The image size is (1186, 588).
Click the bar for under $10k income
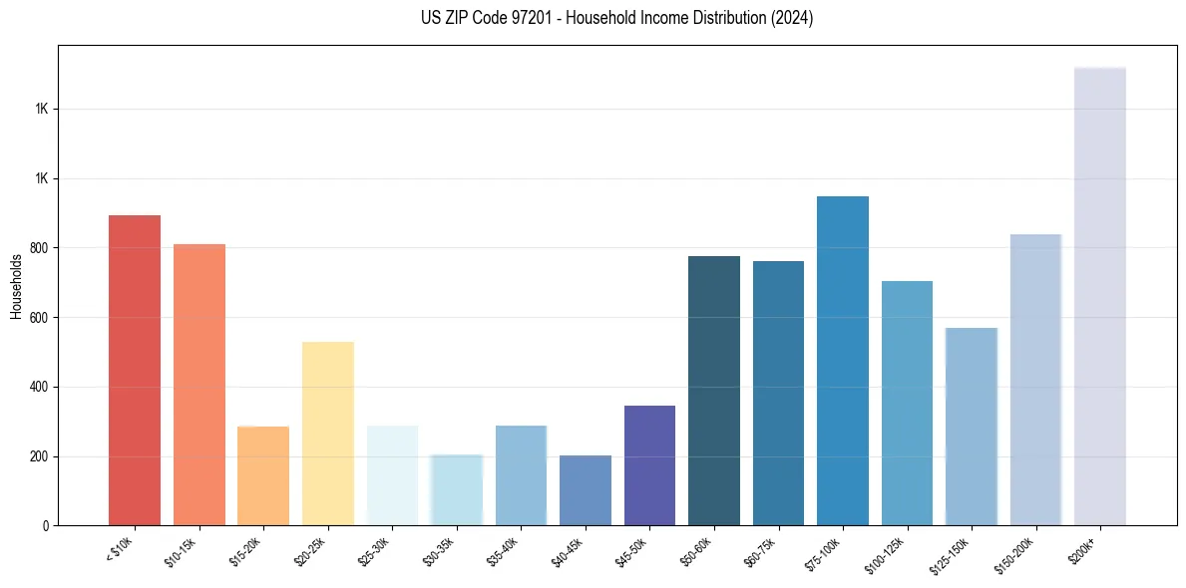[135, 370]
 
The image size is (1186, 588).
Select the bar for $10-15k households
[199, 385]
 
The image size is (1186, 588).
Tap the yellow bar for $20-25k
[328, 434]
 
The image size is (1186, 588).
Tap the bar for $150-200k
[1035, 380]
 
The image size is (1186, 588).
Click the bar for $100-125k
[907, 403]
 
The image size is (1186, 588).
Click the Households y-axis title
[16, 286]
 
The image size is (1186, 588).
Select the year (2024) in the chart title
[793, 18]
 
